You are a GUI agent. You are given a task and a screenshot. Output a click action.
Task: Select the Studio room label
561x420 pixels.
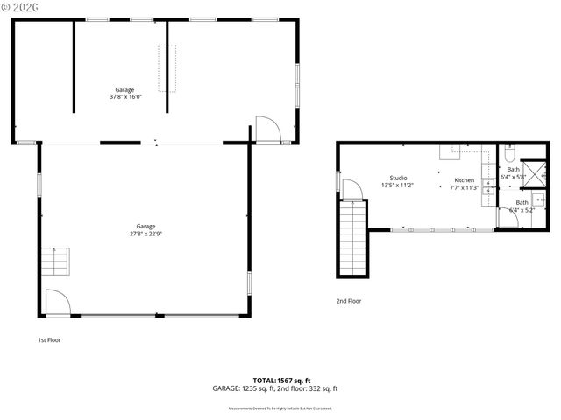(x=398, y=178)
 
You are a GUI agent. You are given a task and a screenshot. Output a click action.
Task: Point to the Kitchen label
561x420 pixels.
(x=464, y=180)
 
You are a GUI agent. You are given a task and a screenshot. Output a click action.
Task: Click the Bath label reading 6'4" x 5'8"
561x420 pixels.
(x=513, y=173)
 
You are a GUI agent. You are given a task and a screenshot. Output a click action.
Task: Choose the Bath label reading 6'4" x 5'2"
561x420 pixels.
(x=522, y=206)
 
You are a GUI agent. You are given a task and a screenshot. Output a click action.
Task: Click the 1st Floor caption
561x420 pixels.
(x=49, y=339)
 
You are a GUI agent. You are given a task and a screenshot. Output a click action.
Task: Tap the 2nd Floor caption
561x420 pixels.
(x=349, y=301)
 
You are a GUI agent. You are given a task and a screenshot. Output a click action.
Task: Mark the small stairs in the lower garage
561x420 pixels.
(x=55, y=261)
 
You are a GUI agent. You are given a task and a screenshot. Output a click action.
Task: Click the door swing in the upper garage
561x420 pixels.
(x=267, y=129)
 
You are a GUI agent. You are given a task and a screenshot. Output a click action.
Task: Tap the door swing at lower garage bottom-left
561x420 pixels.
(x=56, y=303)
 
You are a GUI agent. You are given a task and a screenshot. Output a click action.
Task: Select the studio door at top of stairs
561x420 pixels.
(x=351, y=189)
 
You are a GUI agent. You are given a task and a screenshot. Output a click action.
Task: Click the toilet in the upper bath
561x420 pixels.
(x=508, y=155)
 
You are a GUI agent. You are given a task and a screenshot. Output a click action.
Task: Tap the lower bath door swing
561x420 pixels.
(x=508, y=219)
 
